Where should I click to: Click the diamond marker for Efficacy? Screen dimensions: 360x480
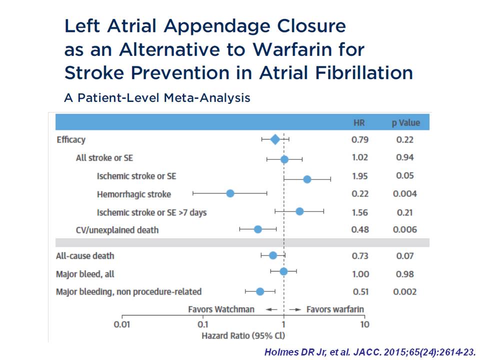pyautogui.click(x=275, y=139)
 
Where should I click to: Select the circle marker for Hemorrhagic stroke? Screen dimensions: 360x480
pyautogui.click(x=230, y=193)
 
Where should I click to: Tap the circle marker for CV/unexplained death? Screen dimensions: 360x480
pyautogui.click(x=257, y=229)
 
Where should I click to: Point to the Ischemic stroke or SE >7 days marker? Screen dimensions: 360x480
pyautogui.click(x=299, y=211)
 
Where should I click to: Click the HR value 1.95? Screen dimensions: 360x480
pyautogui.click(x=359, y=176)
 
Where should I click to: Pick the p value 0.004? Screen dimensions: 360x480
pyautogui.click(x=404, y=194)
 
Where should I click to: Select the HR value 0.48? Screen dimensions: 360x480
pyautogui.click(x=359, y=230)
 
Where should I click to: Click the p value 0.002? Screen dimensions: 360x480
pyautogui.click(x=404, y=292)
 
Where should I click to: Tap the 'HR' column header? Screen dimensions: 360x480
pyautogui.click(x=359, y=122)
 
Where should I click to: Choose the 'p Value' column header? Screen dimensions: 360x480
pyautogui.click(x=405, y=122)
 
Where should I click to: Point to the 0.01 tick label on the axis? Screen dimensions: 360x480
pyautogui.click(x=122, y=324)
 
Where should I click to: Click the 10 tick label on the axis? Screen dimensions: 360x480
pyautogui.click(x=364, y=324)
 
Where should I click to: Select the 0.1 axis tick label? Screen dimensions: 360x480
pyautogui.click(x=203, y=324)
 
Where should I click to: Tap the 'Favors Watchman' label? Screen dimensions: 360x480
pyautogui.click(x=221, y=309)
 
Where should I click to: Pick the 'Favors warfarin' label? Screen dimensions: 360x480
pyautogui.click(x=335, y=309)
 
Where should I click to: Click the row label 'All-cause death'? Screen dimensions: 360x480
pyautogui.click(x=85, y=256)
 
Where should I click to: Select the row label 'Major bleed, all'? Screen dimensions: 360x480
pyautogui.click(x=85, y=274)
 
